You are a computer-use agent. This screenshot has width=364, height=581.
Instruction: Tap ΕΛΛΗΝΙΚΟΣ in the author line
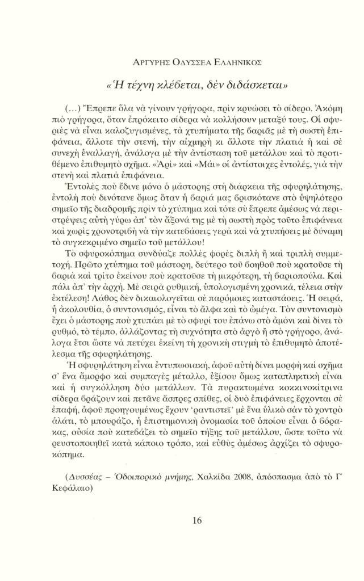(239, 61)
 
